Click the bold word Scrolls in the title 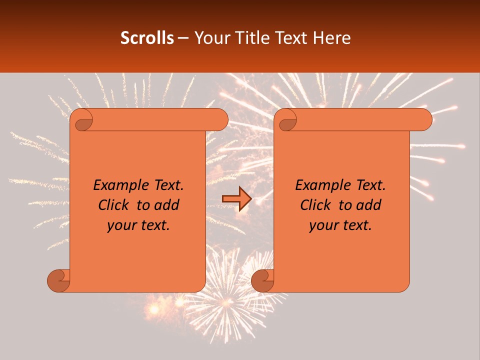[147, 38]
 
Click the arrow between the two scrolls [236, 199]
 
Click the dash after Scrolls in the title [183, 38]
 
